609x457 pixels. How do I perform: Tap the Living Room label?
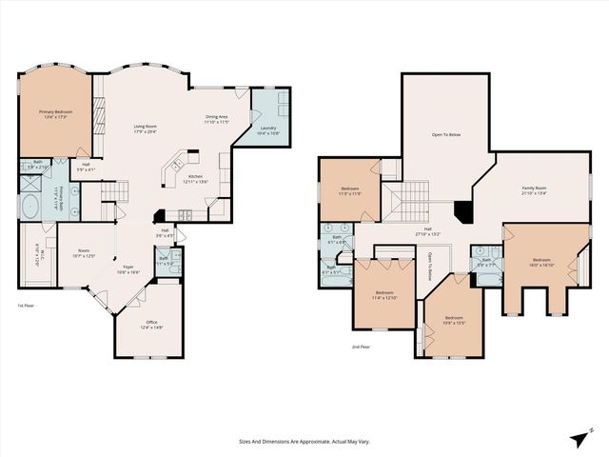pyautogui.click(x=145, y=129)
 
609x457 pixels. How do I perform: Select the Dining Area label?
pyautogui.click(x=217, y=119)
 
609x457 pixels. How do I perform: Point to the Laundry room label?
pyautogui.click(x=269, y=130)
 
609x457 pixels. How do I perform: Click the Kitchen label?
pyautogui.click(x=195, y=179)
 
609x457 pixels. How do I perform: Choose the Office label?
pyautogui.click(x=151, y=325)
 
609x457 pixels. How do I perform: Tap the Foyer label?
pyautogui.click(x=128, y=270)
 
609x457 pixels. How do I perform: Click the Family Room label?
pyautogui.click(x=534, y=190)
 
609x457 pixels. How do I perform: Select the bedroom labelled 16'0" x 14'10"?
pyautogui.click(x=541, y=262)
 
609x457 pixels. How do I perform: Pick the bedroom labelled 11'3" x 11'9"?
pyautogui.click(x=349, y=190)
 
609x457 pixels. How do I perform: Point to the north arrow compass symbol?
pyautogui.click(x=580, y=439)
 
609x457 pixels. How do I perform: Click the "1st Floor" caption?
pyautogui.click(x=28, y=306)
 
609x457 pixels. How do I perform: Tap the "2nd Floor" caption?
pyautogui.click(x=361, y=348)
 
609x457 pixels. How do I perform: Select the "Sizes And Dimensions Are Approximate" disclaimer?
pyautogui.click(x=304, y=441)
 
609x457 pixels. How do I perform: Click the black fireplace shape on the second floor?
pyautogui.click(x=462, y=210)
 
